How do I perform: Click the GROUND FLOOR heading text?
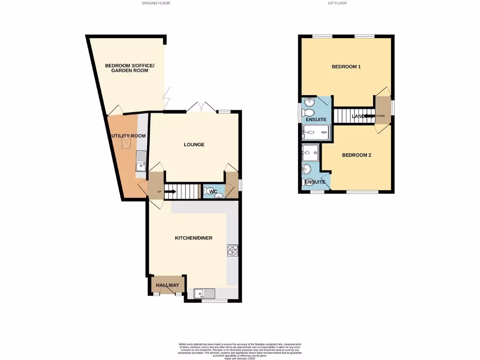click(156, 3)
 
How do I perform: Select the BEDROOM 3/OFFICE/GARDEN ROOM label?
click(127, 68)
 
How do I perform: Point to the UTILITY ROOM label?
click(128, 136)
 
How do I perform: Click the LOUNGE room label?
click(194, 144)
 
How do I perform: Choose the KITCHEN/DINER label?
click(194, 238)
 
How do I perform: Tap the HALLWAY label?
click(167, 285)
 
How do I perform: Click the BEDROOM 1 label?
click(346, 67)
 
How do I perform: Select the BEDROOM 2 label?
click(356, 155)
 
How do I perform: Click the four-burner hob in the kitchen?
click(232, 251)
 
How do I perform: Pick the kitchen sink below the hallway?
click(204, 294)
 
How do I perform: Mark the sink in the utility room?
click(141, 165)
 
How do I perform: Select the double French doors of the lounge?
click(202, 106)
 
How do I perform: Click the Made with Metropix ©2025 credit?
click(240, 357)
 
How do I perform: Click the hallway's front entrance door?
click(167, 291)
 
